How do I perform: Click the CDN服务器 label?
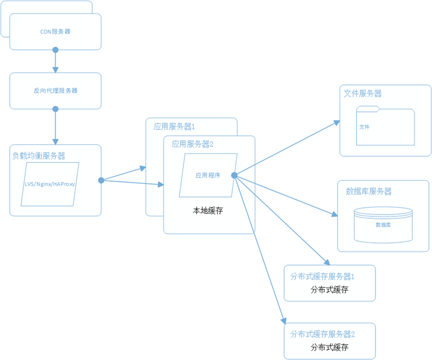click(55, 31)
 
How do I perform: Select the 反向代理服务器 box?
click(55, 91)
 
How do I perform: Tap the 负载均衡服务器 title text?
click(39, 156)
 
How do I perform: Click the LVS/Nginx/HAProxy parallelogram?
click(49, 184)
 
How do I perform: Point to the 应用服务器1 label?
click(174, 127)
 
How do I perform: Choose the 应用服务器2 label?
click(193, 144)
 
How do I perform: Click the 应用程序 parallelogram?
click(208, 175)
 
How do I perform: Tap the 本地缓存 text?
click(208, 211)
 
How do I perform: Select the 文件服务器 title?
click(362, 94)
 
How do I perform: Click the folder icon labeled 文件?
click(385, 127)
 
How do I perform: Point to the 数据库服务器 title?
click(369, 191)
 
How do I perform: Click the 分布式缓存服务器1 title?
click(322, 276)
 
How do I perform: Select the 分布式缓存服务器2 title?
click(322, 334)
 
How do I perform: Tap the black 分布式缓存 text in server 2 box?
click(329, 347)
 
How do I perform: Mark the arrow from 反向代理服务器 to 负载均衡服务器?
click(55, 127)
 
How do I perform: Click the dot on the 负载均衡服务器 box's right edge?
click(101, 180)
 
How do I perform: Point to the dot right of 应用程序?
click(234, 175)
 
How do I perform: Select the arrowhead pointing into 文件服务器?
click(338, 122)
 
